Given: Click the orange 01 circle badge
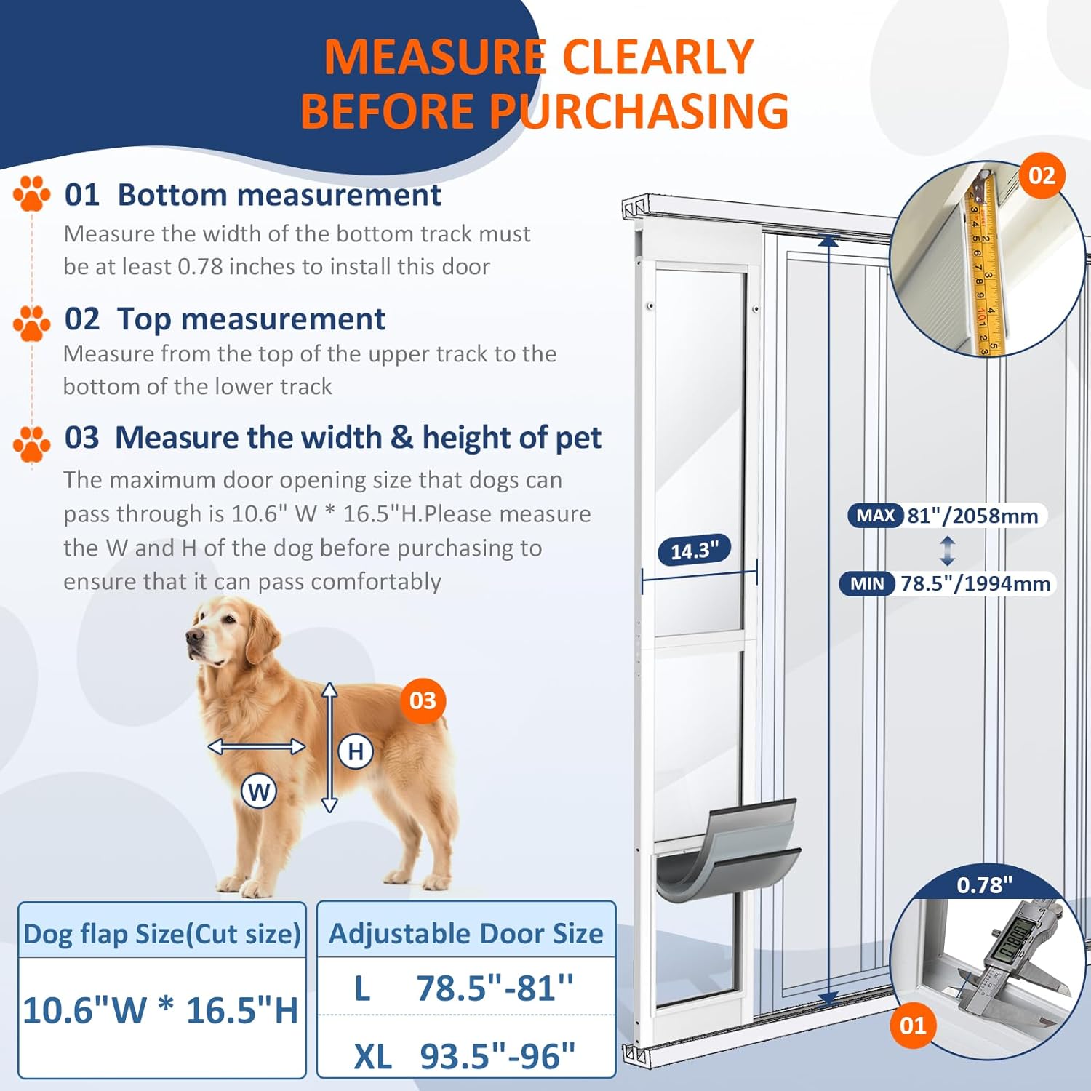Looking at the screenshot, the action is (913, 1026).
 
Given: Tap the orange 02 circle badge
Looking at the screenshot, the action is (1042, 175).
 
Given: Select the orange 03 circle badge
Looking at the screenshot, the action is (423, 700).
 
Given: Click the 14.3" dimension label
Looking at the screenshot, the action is (694, 551).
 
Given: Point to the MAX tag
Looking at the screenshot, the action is (875, 516).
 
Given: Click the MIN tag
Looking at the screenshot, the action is (867, 583).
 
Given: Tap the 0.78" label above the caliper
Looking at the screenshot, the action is (984, 884).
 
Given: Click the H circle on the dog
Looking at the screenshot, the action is (356, 751).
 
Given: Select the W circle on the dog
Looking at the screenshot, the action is (259, 791).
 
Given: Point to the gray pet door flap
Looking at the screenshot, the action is (727, 851).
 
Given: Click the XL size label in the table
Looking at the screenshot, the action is (372, 1056).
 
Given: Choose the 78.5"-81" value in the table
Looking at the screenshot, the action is (495, 988).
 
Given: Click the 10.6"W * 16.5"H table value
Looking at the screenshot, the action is (161, 1010).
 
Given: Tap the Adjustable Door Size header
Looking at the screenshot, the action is (466, 933).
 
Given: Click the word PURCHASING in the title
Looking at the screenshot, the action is (639, 111).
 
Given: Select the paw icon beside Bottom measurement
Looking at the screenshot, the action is (31, 193).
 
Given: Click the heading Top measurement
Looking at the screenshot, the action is (251, 319).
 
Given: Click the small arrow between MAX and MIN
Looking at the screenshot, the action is (947, 551).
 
